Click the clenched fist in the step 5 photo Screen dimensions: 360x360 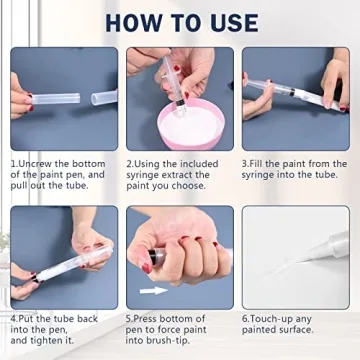185,255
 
